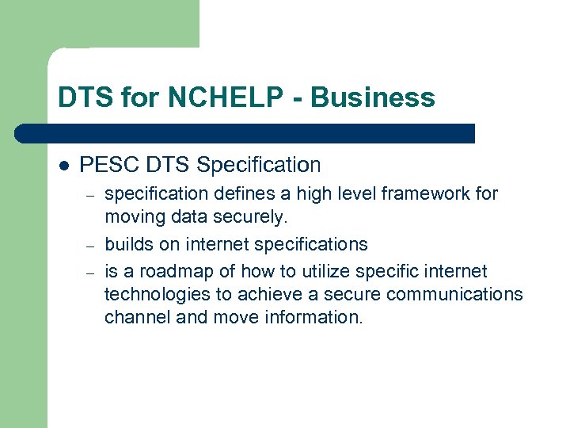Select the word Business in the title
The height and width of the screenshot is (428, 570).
[373, 97]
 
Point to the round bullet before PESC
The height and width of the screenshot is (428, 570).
[64, 166]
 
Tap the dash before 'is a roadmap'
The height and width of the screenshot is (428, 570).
[91, 272]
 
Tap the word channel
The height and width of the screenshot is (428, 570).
[133, 317]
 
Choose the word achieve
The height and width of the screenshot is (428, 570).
[262, 294]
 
